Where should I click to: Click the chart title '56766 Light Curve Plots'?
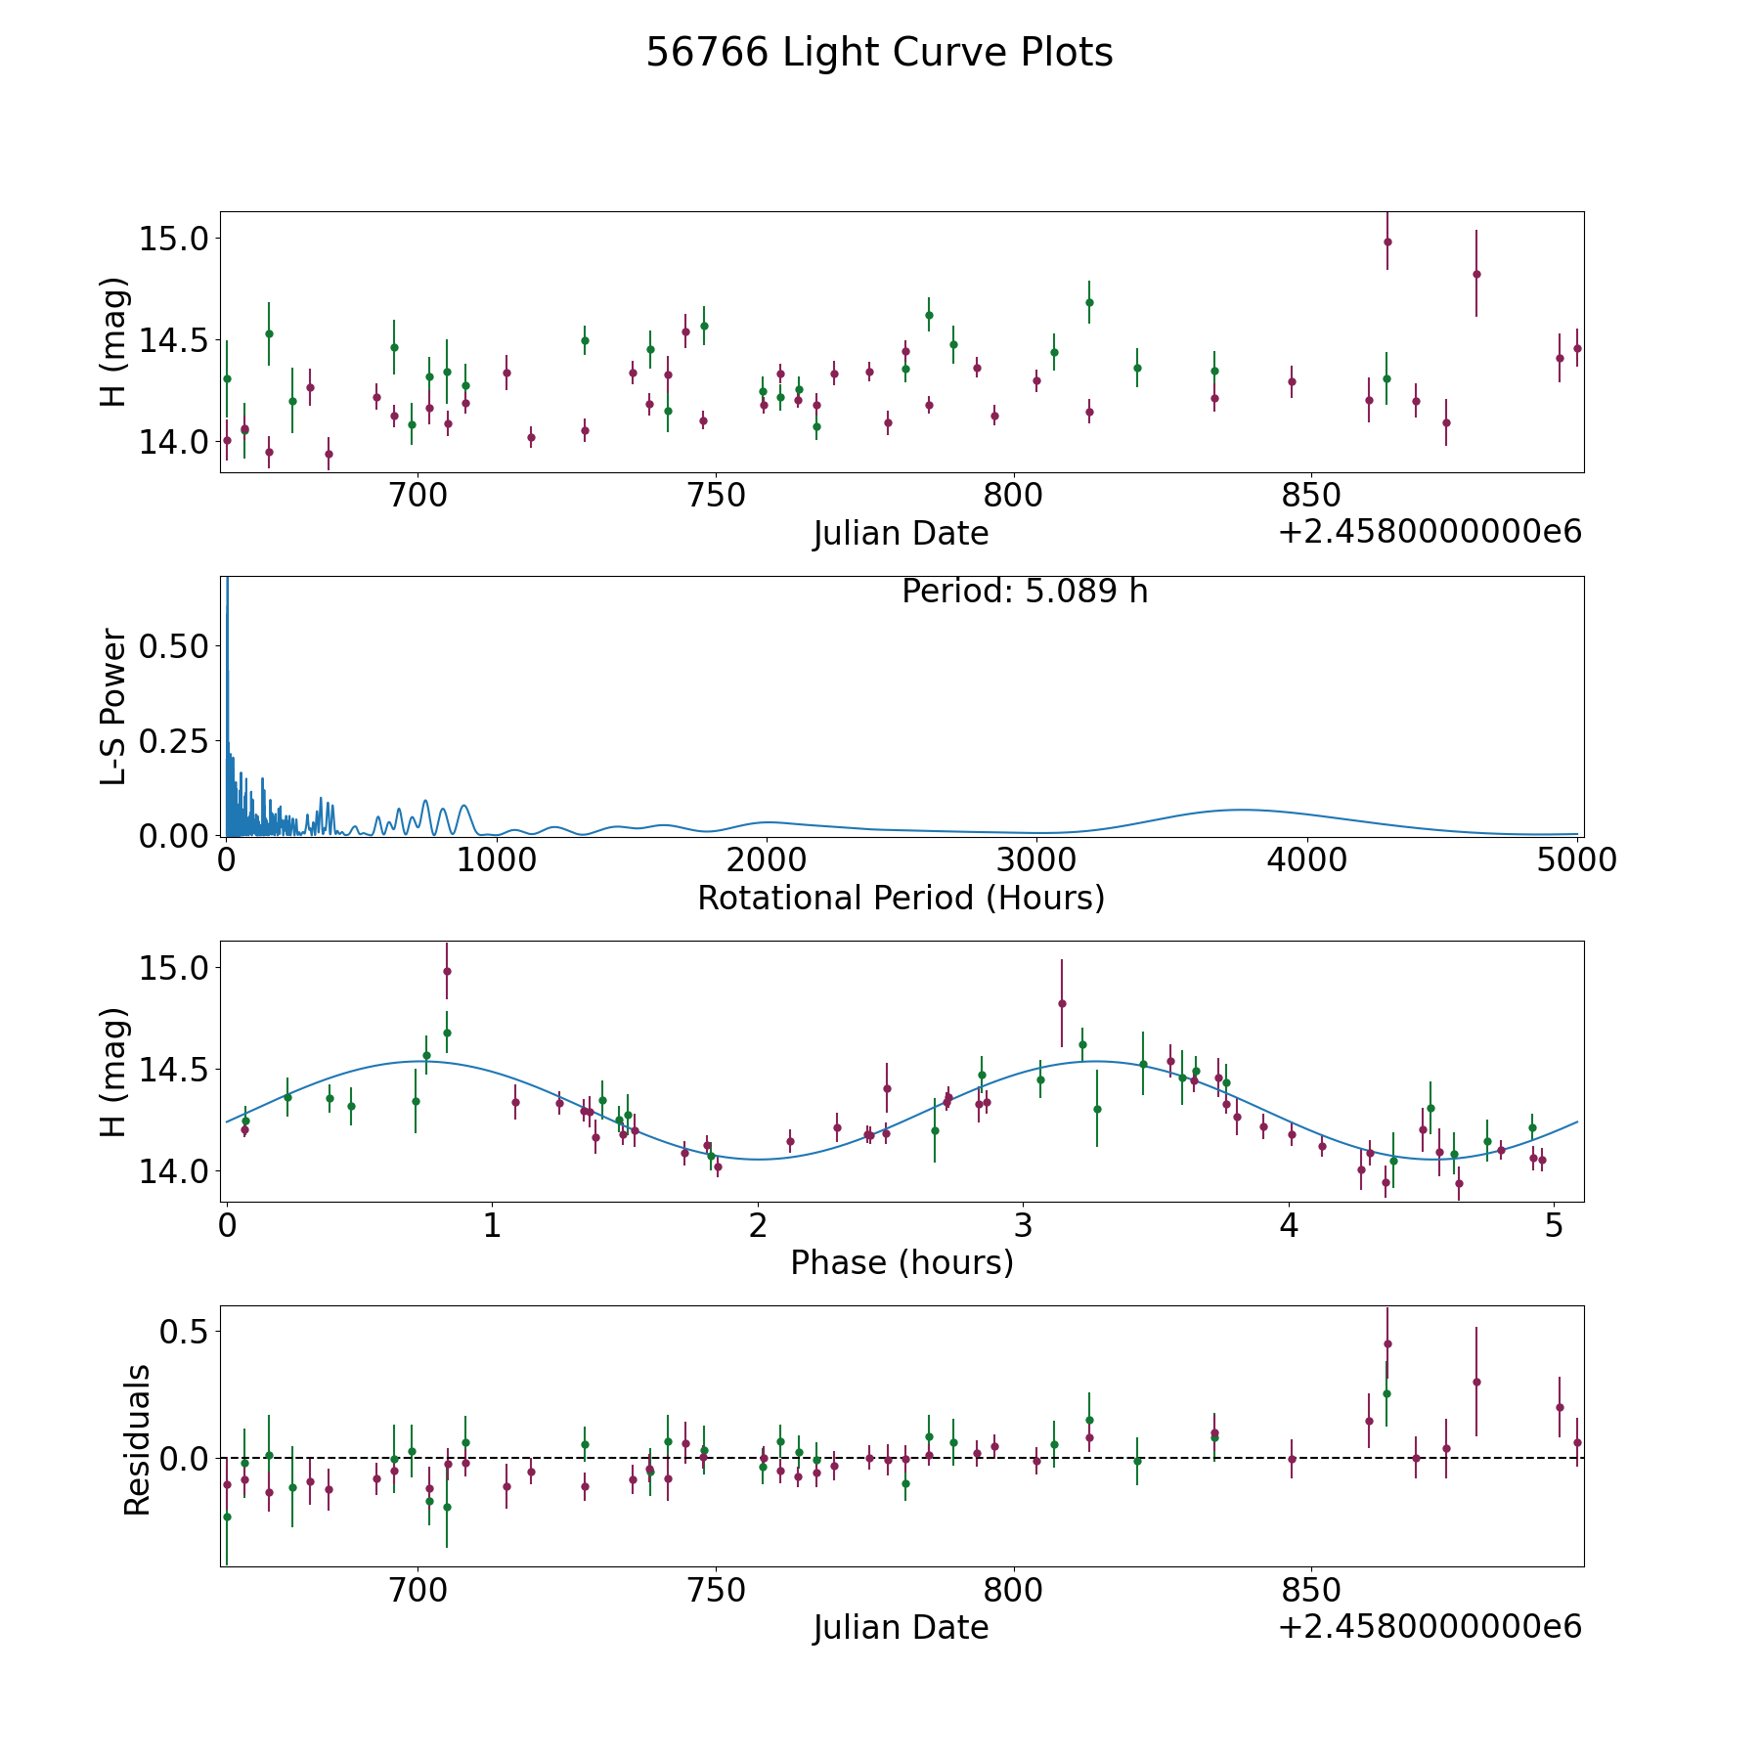click(879, 53)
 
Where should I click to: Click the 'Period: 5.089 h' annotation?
click(1025, 592)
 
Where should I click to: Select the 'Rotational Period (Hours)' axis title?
click(901, 898)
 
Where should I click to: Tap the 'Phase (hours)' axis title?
click(902, 1262)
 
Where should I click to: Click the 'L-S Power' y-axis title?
click(113, 707)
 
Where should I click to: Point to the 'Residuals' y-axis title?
click(137, 1439)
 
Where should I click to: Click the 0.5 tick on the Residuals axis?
click(186, 1332)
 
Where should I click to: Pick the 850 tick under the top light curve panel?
click(1310, 496)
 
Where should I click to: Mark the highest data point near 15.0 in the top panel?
click(1387, 242)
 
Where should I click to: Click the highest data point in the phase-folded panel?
click(447, 971)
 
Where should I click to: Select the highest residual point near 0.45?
click(1387, 1343)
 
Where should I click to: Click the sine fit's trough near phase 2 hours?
click(760, 1160)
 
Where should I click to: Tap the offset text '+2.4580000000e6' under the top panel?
click(1430, 532)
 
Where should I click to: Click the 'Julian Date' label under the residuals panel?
click(901, 1627)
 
